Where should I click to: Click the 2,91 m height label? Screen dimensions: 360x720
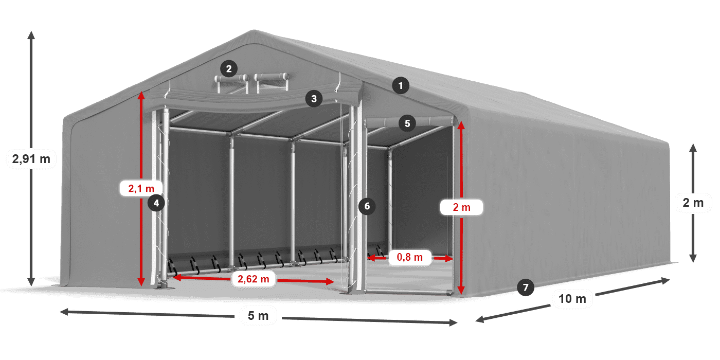31,159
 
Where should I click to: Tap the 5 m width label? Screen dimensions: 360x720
258,315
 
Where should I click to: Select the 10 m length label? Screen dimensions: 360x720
572,299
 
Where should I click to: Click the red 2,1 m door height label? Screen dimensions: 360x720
140,188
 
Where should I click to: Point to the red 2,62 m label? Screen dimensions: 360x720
254,279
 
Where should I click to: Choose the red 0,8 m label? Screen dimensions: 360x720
409,257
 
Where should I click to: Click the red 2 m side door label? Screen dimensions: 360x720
462,207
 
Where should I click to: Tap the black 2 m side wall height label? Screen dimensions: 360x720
693,203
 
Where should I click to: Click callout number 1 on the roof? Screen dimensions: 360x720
401,85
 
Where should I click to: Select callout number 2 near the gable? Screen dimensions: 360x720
228,68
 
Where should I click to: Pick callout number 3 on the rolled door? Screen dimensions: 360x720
314,98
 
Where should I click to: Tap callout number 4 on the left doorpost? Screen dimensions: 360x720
156,203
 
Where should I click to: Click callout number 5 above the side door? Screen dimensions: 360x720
407,123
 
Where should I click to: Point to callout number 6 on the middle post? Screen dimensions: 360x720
366,206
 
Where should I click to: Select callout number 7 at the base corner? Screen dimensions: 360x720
525,287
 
